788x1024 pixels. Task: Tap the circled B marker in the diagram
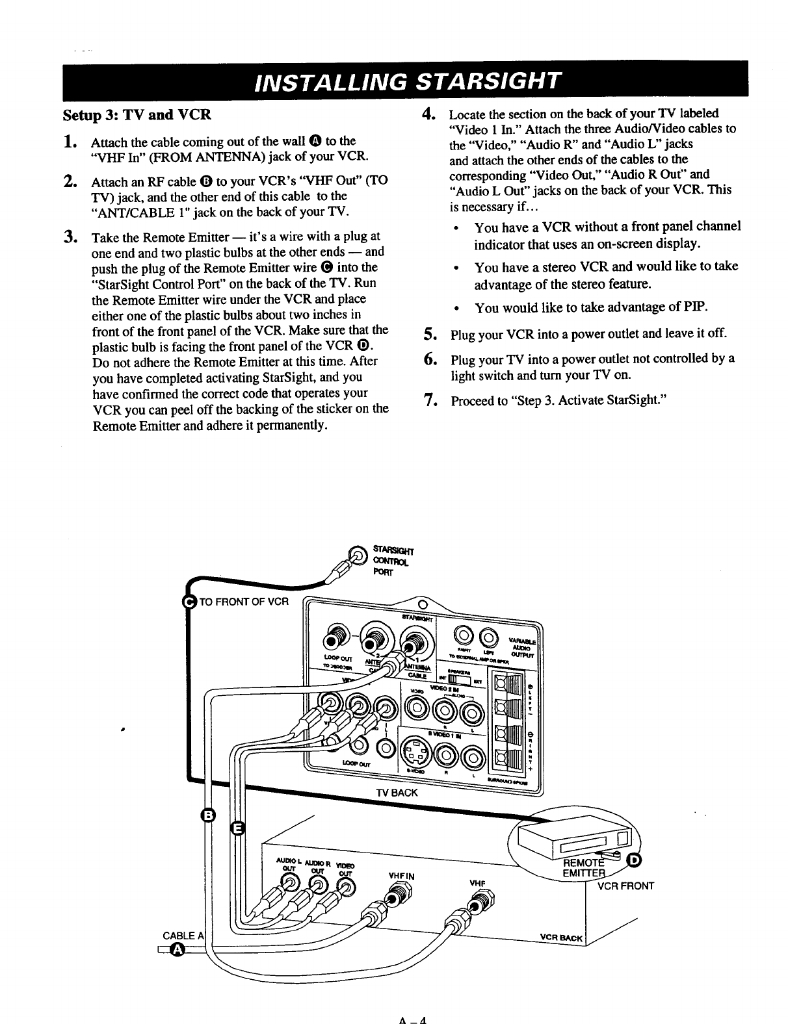[x=208, y=816]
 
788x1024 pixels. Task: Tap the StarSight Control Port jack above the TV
[x=358, y=555]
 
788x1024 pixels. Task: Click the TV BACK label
[x=397, y=793]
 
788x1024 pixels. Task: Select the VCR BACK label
[x=562, y=938]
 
